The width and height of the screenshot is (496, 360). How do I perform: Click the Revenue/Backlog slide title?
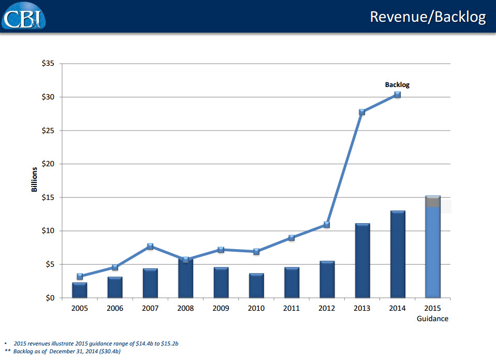coord(428,17)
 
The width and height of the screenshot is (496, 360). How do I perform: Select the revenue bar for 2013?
coord(362,261)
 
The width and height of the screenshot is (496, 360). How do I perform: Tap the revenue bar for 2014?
coord(397,254)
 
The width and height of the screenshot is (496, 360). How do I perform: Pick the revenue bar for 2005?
coord(79,290)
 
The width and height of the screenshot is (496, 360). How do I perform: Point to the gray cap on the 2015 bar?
coord(432,202)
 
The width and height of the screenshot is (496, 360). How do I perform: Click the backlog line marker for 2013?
coord(362,112)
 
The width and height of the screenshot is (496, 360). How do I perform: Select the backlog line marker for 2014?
coord(397,95)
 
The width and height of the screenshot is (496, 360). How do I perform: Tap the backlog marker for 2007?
coord(150,247)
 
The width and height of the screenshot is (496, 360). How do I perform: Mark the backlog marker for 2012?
coord(327,225)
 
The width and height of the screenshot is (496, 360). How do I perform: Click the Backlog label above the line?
coord(397,84)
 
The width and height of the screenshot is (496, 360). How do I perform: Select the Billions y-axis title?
coord(35,179)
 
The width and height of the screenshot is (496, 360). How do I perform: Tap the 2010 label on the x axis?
coord(256,308)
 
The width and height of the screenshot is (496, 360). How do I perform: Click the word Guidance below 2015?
coord(432,319)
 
